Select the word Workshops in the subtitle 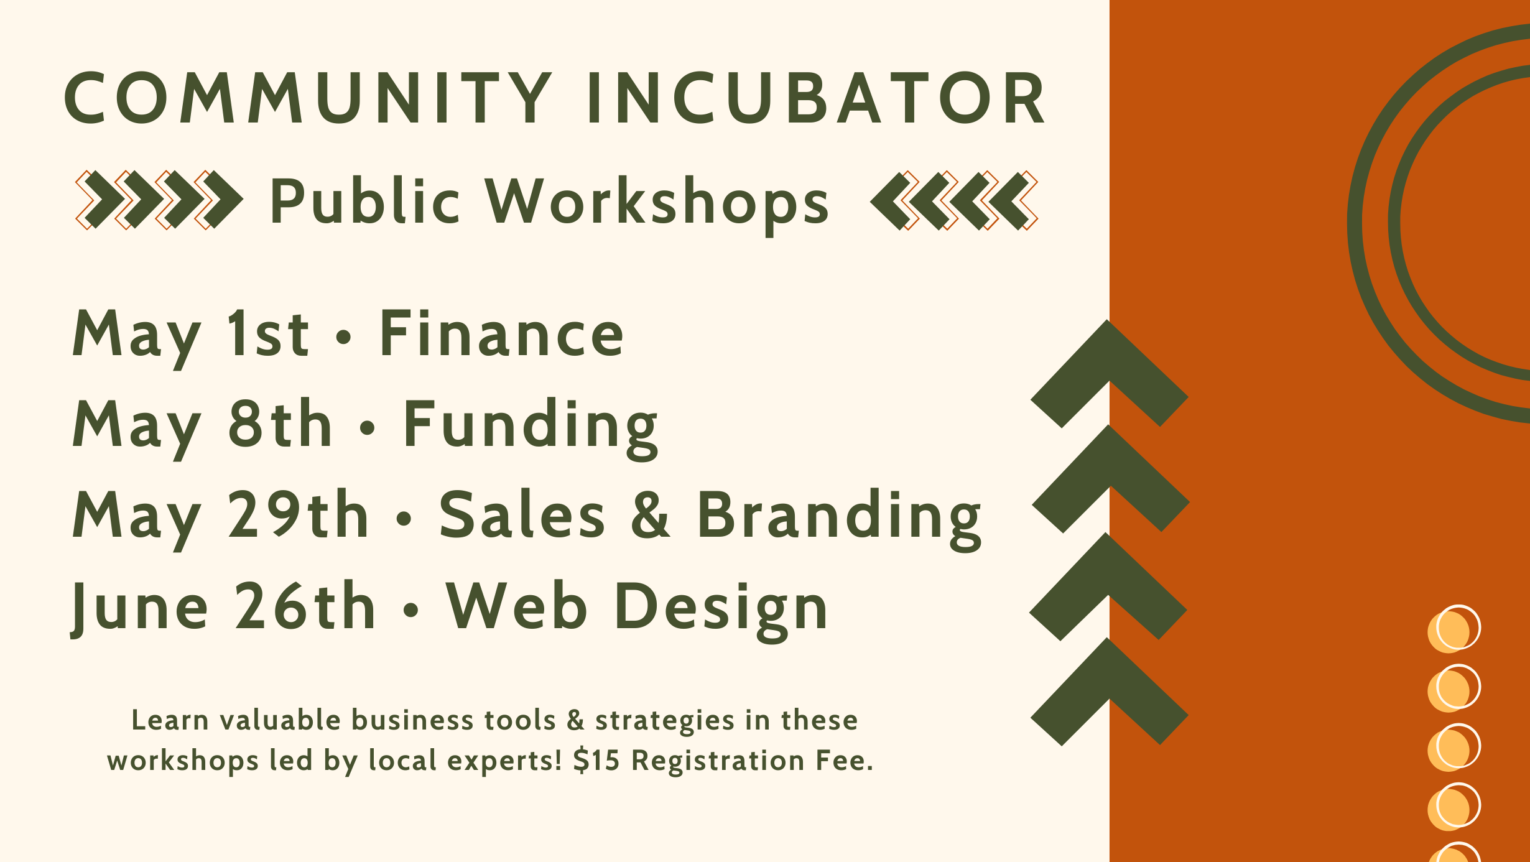pyautogui.click(x=657, y=201)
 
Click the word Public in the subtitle pyautogui.click(x=364, y=201)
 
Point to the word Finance pyautogui.click(x=501, y=335)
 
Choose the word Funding pyautogui.click(x=530, y=425)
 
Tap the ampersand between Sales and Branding pyautogui.click(x=651, y=515)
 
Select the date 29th pyautogui.click(x=299, y=515)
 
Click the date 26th pyautogui.click(x=305, y=606)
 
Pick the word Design pyautogui.click(x=721, y=606)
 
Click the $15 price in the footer pyautogui.click(x=596, y=761)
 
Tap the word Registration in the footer pyautogui.click(x=718, y=761)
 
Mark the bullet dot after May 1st pyautogui.click(x=343, y=336)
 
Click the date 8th pyautogui.click(x=279, y=424)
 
